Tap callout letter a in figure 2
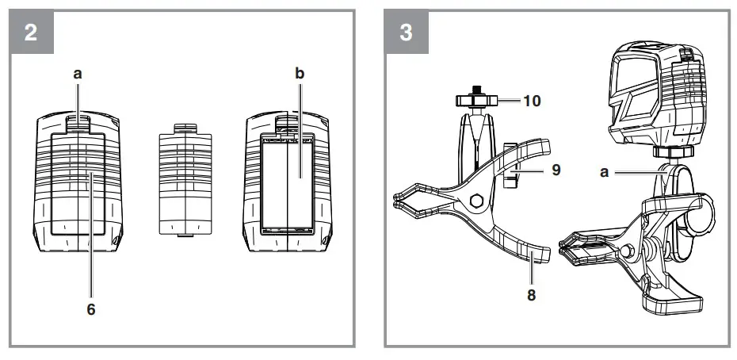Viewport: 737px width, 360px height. pos(78,73)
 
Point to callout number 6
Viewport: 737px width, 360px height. pos(91,308)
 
